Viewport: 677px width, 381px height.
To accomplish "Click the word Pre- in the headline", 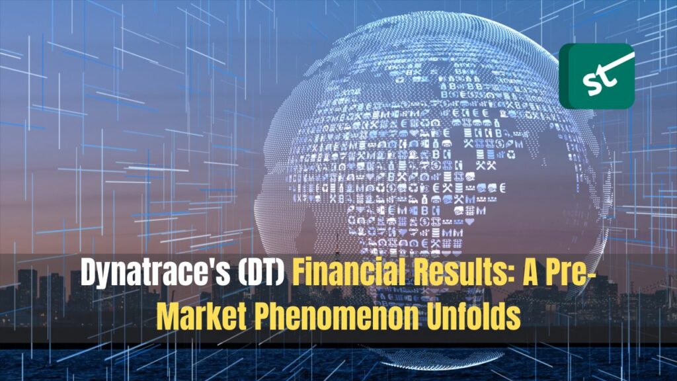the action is coord(570,273).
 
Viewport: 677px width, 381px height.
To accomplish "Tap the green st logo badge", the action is coord(597,76).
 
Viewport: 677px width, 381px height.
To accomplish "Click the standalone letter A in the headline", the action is coord(530,273).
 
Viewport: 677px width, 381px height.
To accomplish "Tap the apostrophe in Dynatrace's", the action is coord(214,264).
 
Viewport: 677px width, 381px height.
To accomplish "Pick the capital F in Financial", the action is coord(299,273).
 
